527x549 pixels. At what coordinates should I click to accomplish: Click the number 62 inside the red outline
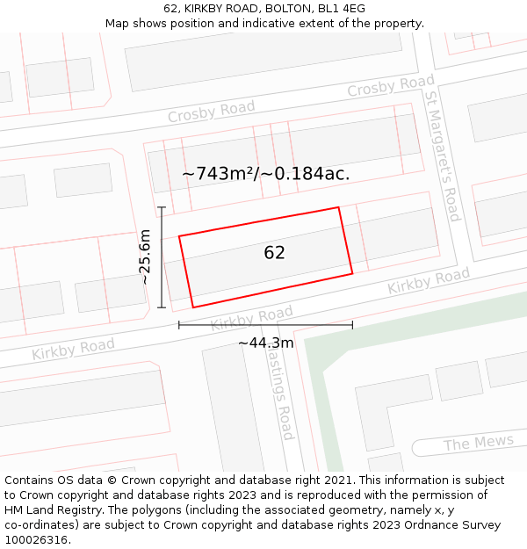[x=274, y=253]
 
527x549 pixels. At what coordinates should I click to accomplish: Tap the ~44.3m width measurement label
[x=265, y=343]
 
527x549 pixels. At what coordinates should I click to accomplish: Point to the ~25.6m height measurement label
[x=146, y=256]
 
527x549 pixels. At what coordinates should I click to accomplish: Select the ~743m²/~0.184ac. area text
[x=265, y=174]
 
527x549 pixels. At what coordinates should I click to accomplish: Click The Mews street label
[x=478, y=443]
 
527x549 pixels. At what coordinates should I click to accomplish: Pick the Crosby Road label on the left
[x=211, y=112]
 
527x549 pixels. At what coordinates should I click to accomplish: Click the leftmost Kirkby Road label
[x=73, y=349]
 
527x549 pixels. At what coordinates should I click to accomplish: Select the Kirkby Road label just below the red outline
[x=251, y=318]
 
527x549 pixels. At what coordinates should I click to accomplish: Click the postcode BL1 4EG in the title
[x=342, y=8]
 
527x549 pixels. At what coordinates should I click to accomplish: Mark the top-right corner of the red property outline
[x=338, y=208]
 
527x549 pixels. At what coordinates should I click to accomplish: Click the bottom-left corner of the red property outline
[x=193, y=307]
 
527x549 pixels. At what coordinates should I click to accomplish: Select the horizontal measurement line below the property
[x=265, y=325]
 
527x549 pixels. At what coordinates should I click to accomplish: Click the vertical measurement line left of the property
[x=162, y=256]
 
